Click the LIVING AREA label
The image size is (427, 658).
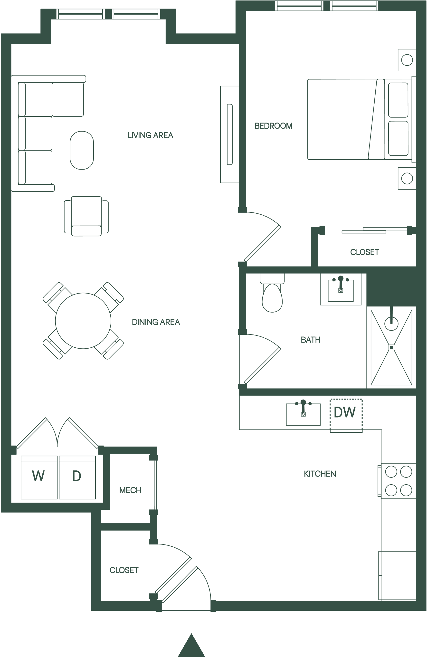[150, 135]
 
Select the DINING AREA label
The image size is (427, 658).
[156, 322]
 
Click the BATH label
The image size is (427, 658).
[311, 340]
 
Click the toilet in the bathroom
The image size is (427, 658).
[272, 293]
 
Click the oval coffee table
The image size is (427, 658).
[82, 150]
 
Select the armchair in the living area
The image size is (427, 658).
[86, 216]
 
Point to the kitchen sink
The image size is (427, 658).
[303, 414]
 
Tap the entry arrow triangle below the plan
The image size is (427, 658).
[191, 645]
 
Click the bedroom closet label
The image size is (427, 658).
[365, 252]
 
